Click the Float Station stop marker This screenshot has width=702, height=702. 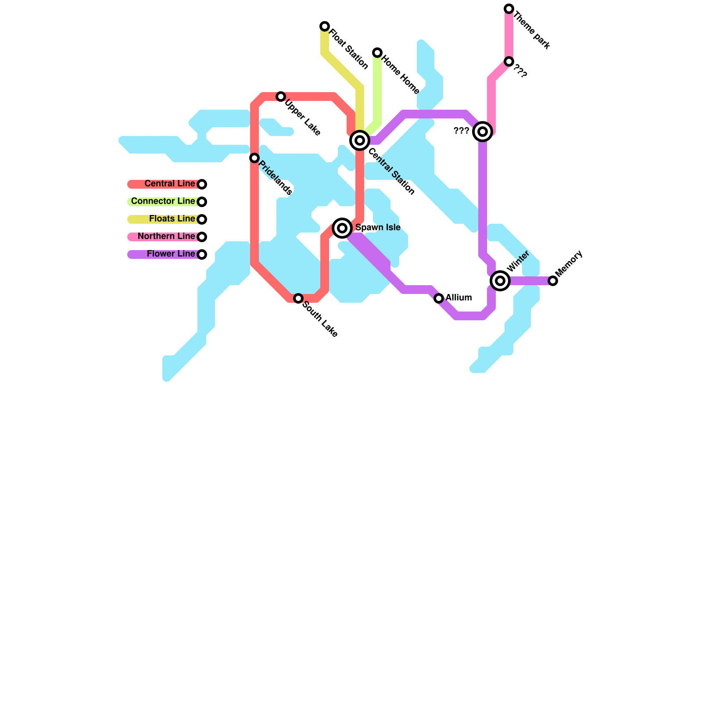(x=325, y=26)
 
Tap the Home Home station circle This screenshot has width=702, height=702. (x=377, y=53)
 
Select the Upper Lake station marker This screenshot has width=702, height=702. (x=281, y=97)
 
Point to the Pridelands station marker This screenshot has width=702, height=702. (x=254, y=158)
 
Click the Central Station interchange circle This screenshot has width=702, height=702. (x=360, y=140)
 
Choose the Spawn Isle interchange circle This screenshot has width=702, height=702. (x=342, y=228)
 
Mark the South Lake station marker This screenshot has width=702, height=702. (x=298, y=298)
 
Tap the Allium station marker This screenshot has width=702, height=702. (x=439, y=298)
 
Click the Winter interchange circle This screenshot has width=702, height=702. (x=500, y=281)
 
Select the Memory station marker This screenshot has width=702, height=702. (x=553, y=281)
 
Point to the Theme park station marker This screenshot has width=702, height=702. (x=509, y=9)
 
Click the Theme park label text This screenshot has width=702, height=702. (x=531, y=30)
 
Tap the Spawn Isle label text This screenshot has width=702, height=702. (x=378, y=228)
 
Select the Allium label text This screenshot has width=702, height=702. (x=458, y=298)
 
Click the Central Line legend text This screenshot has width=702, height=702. (x=170, y=184)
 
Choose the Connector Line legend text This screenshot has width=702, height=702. (x=163, y=201)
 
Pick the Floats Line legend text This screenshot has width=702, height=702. (x=172, y=219)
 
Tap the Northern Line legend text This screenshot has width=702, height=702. (x=166, y=236)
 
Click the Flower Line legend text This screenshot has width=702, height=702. (x=171, y=254)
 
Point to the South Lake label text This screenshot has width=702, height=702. (x=320, y=319)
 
